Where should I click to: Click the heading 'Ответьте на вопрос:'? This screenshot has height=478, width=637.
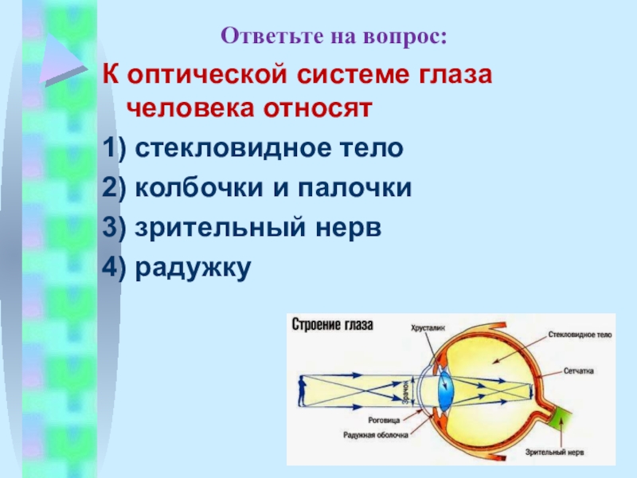tap(334, 36)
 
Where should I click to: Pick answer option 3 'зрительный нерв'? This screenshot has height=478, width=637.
tap(242, 228)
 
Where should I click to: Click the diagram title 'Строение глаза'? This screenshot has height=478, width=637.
tap(334, 325)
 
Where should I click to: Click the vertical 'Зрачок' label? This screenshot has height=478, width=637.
tap(405, 393)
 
